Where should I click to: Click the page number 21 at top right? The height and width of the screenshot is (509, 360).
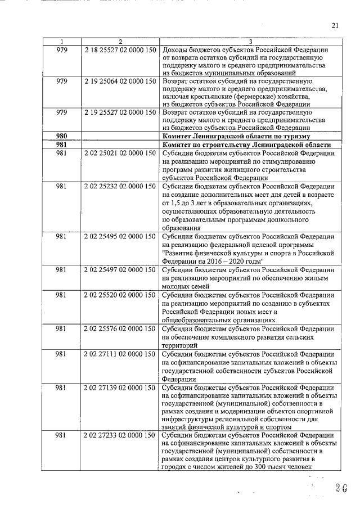pos(335,25)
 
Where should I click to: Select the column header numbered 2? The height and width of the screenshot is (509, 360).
pos(120,42)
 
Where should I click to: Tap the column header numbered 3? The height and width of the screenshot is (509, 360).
pos(249,42)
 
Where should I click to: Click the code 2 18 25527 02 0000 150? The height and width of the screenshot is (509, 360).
pos(120,49)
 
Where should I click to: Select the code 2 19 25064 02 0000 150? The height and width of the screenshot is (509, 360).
pos(120,81)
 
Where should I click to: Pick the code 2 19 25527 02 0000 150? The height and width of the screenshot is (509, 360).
pos(120,112)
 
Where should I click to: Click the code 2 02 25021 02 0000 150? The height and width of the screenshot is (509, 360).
pos(120,153)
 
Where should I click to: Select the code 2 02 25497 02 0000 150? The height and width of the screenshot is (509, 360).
pos(120,269)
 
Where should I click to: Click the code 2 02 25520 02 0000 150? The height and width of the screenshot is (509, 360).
pos(120,294)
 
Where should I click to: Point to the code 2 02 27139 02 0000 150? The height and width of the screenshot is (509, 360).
pos(120,388)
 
